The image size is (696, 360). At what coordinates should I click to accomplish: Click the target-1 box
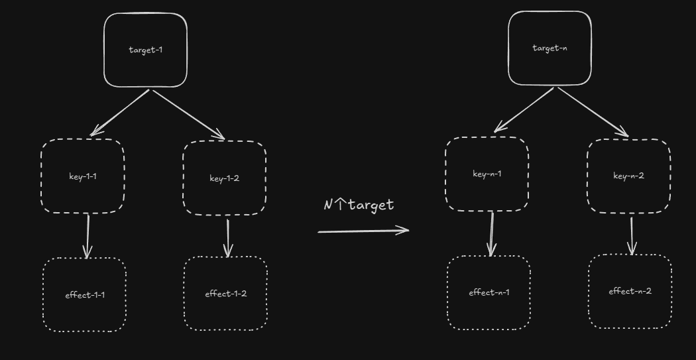[x=145, y=50]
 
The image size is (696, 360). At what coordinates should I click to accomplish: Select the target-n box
[x=550, y=48]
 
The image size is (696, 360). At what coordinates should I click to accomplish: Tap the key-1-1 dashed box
[x=82, y=176]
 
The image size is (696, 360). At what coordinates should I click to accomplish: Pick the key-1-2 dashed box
[x=224, y=178]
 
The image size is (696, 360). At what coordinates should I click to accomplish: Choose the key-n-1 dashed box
[x=487, y=174]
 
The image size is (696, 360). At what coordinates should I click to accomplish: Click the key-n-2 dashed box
[x=628, y=176]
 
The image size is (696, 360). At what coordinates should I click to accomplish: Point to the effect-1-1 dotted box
[x=85, y=295]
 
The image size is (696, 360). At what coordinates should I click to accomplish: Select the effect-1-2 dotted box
[x=225, y=294]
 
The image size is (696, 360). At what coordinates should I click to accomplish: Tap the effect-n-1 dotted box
[x=489, y=292]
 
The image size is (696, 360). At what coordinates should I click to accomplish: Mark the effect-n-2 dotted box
[x=630, y=291]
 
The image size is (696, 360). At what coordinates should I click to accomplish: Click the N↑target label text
[x=359, y=205]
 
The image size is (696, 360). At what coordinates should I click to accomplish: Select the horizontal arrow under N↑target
[x=363, y=231]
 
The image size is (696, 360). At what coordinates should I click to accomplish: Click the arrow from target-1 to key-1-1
[x=121, y=112]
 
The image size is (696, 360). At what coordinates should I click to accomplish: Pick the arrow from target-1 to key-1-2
[x=189, y=114]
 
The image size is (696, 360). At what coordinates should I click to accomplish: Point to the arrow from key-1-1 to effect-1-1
[x=87, y=236]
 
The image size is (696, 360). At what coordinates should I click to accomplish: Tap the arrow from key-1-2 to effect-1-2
[x=228, y=237]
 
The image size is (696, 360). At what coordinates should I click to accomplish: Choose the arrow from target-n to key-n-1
[x=524, y=109]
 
